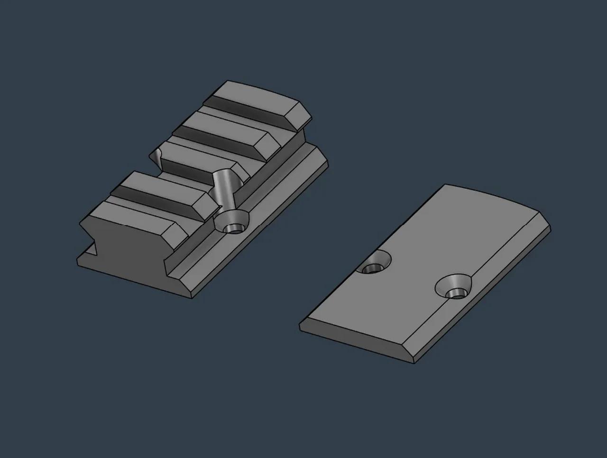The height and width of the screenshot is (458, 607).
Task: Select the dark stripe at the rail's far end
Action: click(247, 108)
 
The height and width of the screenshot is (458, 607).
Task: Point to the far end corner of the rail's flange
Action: click(327, 166)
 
